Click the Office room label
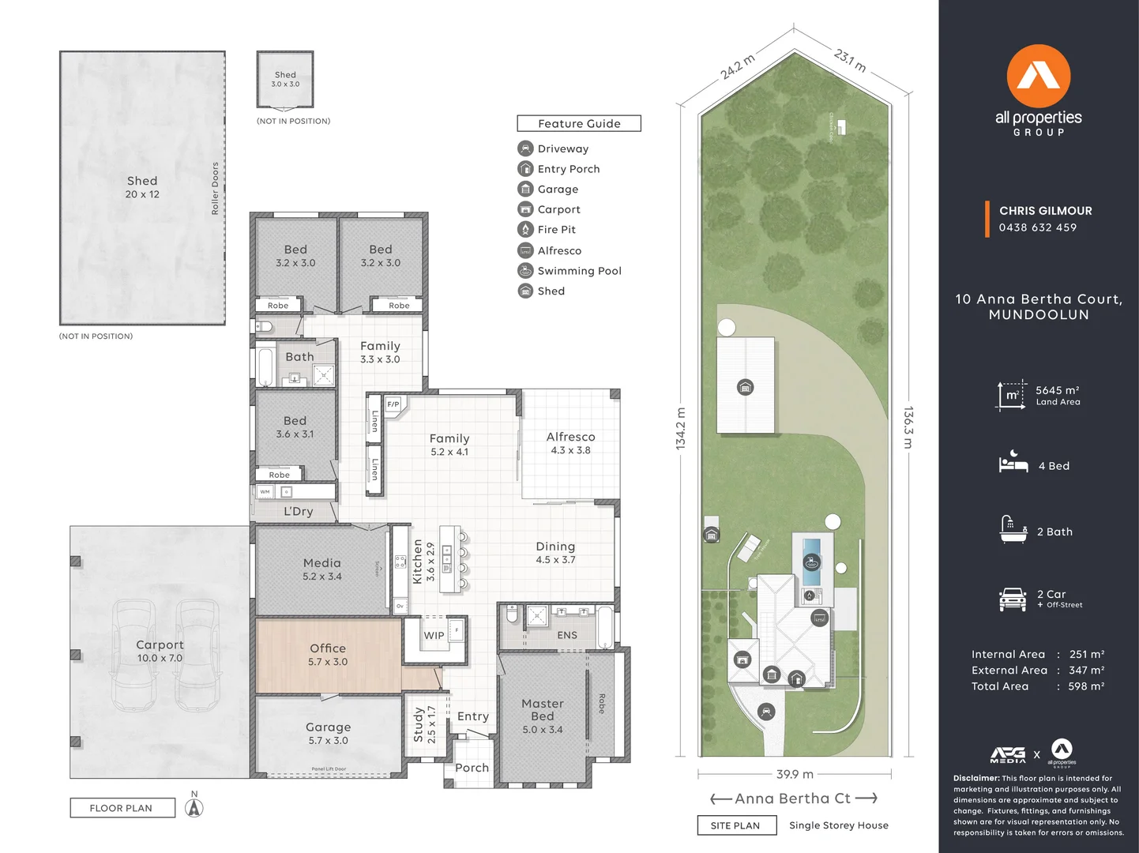coord(328,648)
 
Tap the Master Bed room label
coord(542,709)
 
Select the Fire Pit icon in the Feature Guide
coord(525,229)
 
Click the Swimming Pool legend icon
coord(525,270)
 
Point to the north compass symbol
coord(194,807)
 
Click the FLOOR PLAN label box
coord(122,808)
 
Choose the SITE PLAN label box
coord(735,825)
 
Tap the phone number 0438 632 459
coord(1037,227)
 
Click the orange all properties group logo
coord(1038,77)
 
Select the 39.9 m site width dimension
coord(795,774)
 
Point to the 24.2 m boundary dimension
coord(737,66)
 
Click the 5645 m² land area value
coord(1057,390)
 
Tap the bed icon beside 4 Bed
coord(1013,463)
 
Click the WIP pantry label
coord(434,635)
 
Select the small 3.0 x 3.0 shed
coord(285,79)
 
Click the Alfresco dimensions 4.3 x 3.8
coord(570,450)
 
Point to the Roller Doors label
coord(215,188)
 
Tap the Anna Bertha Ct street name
coord(792,799)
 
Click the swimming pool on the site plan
coord(811,560)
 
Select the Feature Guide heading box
coord(579,123)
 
